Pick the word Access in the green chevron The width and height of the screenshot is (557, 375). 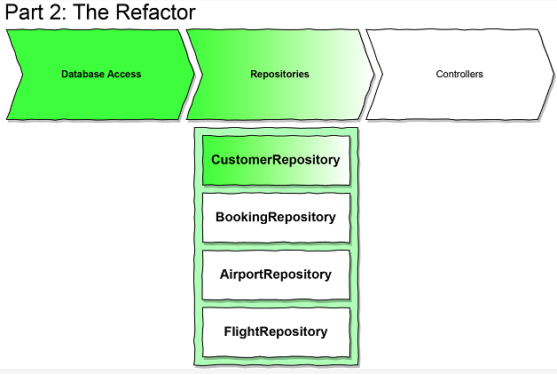coord(124,75)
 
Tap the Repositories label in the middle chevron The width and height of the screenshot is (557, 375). coord(279,75)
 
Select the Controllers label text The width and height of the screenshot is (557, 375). coord(459,75)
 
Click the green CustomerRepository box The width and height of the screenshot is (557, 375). coord(276,161)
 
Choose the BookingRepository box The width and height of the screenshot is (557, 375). coord(276,218)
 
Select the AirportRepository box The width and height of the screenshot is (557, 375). coord(276,275)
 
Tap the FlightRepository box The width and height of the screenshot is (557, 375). coord(276,332)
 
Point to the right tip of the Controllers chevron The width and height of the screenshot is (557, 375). coord(551,75)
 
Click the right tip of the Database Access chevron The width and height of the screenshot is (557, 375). coord(193,75)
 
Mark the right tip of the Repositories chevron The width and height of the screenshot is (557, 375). coord(376,75)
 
